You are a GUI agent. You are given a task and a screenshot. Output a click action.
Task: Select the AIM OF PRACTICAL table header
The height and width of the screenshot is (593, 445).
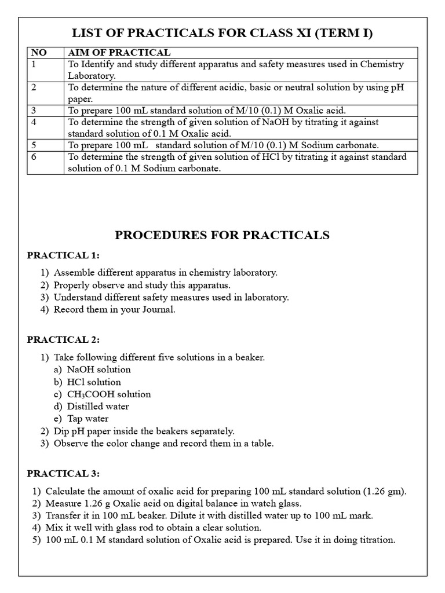[119, 53]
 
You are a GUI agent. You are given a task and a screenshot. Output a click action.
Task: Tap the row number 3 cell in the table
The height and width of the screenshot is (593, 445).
[34, 111]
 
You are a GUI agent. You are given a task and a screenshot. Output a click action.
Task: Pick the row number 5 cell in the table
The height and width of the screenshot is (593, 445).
[34, 145]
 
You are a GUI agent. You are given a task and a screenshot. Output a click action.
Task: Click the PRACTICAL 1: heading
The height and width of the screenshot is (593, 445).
[63, 255]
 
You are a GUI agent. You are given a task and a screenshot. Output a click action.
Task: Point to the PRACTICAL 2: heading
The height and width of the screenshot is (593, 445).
[63, 339]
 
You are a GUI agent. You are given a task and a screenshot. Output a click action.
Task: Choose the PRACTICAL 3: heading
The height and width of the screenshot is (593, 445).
[63, 474]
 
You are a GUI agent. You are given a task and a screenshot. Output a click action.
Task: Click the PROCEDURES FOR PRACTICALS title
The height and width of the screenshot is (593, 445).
[222, 235]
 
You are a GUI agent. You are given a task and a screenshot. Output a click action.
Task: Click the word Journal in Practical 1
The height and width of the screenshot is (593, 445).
[156, 309]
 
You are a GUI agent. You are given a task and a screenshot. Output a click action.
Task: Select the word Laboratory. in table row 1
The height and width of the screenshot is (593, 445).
[92, 75]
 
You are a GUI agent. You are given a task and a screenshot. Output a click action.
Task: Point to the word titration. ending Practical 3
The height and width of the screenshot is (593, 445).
[375, 540]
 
